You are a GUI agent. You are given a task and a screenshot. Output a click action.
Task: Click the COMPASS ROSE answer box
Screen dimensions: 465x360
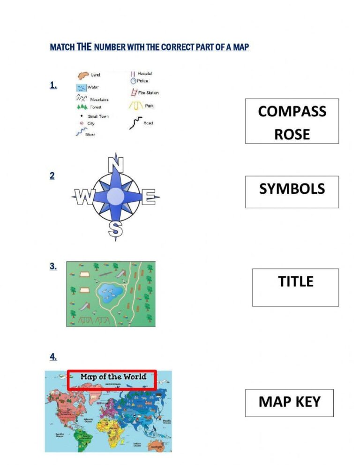click(x=292, y=121)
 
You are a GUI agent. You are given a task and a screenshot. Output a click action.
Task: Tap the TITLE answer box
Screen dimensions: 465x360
click(x=295, y=287)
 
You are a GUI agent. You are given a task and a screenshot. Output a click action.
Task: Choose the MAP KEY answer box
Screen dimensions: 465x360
click(x=289, y=403)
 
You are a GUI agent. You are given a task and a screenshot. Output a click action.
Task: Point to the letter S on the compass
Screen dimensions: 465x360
click(x=115, y=230)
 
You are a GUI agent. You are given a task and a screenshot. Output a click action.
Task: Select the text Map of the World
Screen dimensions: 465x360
click(x=113, y=377)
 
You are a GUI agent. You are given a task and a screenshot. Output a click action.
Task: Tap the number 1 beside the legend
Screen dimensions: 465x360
click(x=53, y=85)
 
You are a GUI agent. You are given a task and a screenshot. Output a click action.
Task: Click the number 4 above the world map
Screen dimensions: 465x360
click(x=53, y=357)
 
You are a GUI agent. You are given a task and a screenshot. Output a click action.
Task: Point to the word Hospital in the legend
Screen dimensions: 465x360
click(x=144, y=74)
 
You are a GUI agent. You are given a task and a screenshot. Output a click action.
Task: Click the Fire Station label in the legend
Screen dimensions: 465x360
click(x=148, y=93)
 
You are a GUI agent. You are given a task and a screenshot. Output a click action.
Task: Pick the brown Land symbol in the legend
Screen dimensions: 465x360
click(x=83, y=75)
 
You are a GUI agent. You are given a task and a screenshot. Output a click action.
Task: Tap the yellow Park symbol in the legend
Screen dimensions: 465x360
click(x=135, y=106)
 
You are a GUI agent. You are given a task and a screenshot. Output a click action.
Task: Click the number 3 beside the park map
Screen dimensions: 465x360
click(x=53, y=267)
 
